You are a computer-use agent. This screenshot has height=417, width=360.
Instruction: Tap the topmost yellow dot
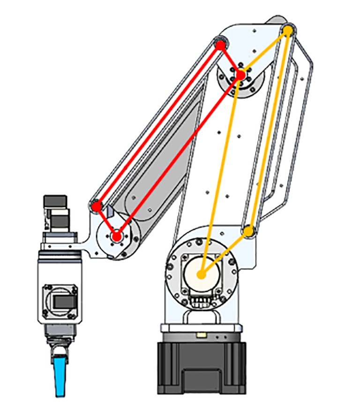tap(289, 30)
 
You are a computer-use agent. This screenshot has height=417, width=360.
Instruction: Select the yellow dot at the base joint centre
tap(202, 274)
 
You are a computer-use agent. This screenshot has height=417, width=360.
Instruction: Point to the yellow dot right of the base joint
tap(248, 231)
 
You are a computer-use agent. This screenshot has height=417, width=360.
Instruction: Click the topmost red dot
tap(220, 45)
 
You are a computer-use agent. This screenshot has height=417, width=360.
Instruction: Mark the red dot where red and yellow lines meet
tap(240, 74)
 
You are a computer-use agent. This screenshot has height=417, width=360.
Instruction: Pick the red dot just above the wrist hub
tap(97, 206)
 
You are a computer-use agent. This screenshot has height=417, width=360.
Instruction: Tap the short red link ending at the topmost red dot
tap(230, 60)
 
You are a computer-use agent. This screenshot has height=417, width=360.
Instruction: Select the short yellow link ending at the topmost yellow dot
tap(265, 52)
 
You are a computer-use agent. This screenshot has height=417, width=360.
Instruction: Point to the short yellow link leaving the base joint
tap(225, 253)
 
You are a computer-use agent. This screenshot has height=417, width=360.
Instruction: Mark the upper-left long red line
tap(158, 126)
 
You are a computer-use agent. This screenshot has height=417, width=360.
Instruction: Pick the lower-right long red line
tap(179, 155)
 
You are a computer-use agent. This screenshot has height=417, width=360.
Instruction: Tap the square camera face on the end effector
tap(60, 301)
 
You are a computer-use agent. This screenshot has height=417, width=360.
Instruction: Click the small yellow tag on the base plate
tap(202, 335)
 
